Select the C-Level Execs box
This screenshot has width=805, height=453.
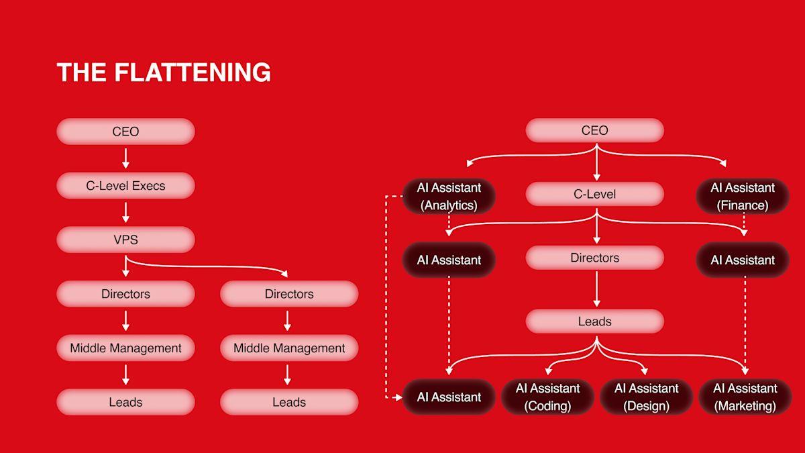(x=125, y=186)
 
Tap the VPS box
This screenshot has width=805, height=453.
(x=125, y=240)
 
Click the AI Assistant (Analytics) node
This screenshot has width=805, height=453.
(x=449, y=196)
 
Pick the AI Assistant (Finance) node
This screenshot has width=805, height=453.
(x=743, y=196)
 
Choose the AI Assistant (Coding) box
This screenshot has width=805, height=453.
(x=547, y=397)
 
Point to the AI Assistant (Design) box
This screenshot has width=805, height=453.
(x=646, y=397)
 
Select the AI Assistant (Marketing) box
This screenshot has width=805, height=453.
(x=745, y=397)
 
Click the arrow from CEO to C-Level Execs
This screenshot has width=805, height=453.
(x=125, y=158)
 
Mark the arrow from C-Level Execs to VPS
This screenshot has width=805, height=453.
(x=125, y=213)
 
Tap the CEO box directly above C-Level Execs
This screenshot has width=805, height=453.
(x=125, y=132)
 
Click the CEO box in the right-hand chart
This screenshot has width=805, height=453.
(x=594, y=130)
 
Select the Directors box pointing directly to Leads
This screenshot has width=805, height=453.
(x=594, y=258)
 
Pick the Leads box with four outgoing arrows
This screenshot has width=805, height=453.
(x=594, y=321)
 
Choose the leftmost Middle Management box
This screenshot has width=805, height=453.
(x=125, y=348)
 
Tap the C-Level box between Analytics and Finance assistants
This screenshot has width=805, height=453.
(x=594, y=194)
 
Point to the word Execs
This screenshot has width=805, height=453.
(x=149, y=186)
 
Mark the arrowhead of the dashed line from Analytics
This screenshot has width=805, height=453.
(x=398, y=397)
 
